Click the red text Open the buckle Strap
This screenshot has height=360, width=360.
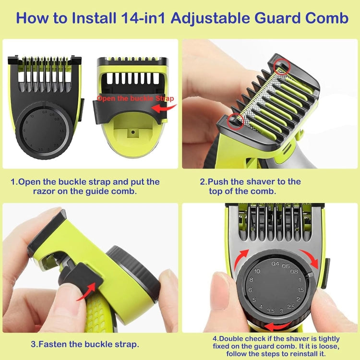coord(135,98)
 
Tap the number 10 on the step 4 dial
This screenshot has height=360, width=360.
coord(257,272)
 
